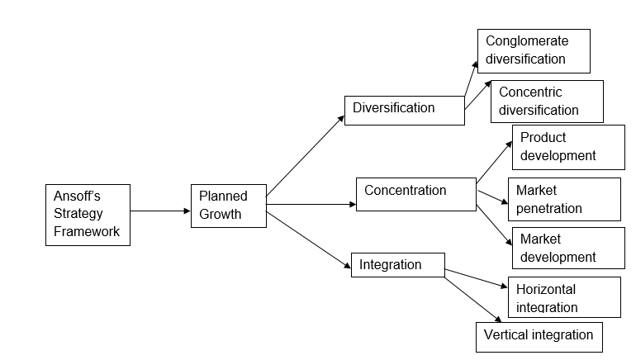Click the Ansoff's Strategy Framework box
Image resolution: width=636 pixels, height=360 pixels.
88,215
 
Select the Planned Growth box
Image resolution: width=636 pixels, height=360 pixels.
229,205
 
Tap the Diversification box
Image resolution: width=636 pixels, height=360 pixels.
404,110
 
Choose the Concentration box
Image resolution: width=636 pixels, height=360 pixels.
415,193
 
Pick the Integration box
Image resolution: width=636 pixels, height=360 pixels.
397,266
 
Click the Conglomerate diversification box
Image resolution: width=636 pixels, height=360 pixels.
534,50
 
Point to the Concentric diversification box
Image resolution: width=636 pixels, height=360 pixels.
547,101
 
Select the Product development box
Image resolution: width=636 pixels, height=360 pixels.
568,146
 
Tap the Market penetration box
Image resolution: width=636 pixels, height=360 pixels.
564,199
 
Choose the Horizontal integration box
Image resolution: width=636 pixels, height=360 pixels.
564,296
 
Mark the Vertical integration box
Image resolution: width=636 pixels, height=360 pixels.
539,336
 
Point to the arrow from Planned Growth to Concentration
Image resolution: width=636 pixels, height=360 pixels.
311,204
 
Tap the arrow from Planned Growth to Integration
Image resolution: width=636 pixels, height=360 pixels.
309,240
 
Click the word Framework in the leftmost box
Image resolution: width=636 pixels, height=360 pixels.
87,232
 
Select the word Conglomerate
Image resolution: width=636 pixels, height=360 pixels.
527,40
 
